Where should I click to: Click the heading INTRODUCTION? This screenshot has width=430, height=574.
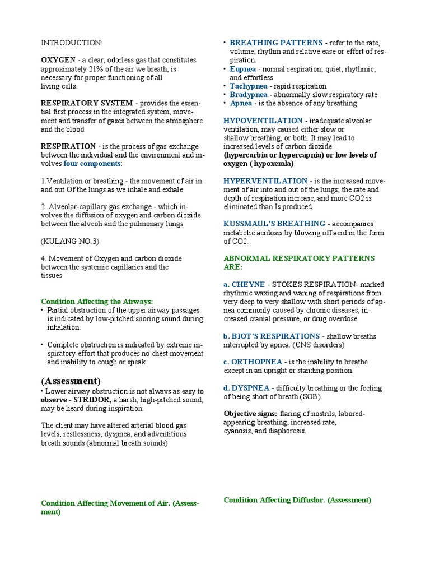click(x=72, y=43)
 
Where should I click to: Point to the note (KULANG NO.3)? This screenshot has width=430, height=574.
click(x=70, y=241)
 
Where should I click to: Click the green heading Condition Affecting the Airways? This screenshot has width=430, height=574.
click(x=97, y=301)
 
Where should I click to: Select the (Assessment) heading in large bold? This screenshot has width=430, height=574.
click(x=71, y=381)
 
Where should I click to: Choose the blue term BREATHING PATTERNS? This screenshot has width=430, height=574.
click(x=276, y=43)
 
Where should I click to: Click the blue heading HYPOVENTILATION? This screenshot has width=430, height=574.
click(x=263, y=121)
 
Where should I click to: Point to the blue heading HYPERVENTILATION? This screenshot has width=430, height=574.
click(x=265, y=181)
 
